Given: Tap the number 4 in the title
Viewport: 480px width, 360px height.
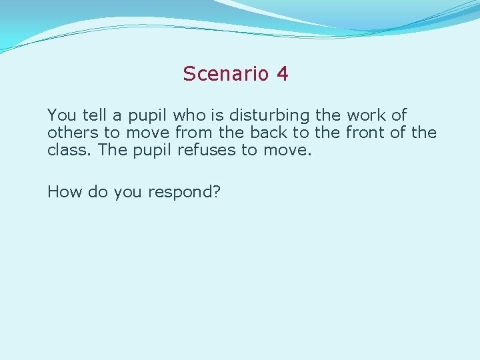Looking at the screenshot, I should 283,73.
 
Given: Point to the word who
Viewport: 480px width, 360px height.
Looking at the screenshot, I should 189,115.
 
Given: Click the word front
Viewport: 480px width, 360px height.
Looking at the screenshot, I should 365,133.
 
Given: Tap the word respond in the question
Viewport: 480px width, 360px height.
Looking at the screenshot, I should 184,193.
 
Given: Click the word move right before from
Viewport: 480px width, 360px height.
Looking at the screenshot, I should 146,133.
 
